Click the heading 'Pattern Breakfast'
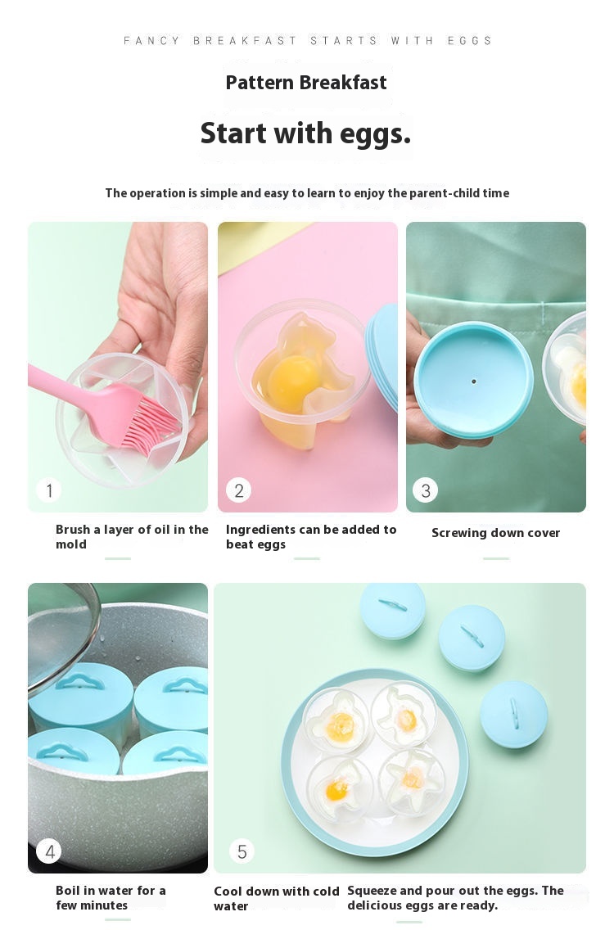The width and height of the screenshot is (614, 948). point(306,82)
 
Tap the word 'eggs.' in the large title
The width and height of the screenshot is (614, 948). point(375,133)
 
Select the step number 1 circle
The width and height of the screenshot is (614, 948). point(49,490)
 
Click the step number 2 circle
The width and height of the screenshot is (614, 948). point(239,490)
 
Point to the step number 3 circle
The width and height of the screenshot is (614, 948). point(426,490)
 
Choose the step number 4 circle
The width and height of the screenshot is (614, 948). point(49,851)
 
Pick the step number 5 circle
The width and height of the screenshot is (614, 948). point(242,851)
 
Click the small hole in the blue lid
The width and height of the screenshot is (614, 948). point(474,381)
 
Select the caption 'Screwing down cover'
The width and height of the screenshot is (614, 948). point(495,533)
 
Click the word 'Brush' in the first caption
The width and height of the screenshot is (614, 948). point(73,530)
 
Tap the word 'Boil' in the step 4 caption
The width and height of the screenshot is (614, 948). point(67,891)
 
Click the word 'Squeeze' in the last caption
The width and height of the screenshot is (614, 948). point(371,892)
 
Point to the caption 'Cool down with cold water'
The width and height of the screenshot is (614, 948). point(276,898)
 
